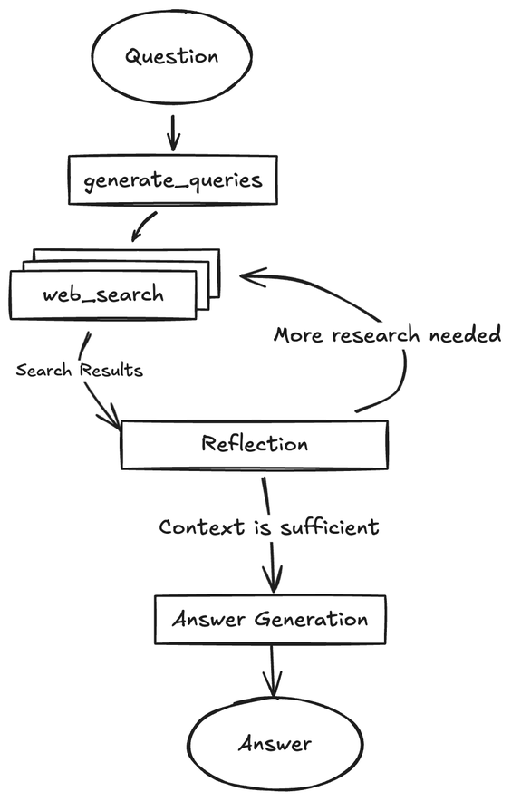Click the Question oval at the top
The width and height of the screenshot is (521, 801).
click(x=172, y=56)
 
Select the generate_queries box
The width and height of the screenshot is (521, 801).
click(x=172, y=179)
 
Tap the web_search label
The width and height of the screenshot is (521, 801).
click(x=102, y=294)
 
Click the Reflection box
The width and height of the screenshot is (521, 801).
click(x=255, y=444)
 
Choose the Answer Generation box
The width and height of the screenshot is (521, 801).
click(x=270, y=620)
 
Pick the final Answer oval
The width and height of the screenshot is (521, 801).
click(x=275, y=744)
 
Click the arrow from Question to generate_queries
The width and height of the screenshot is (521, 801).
click(x=173, y=132)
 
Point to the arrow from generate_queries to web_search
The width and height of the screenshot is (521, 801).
click(x=145, y=227)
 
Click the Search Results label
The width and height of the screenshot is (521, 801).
click(x=79, y=371)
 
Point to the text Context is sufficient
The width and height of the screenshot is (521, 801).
click(x=268, y=526)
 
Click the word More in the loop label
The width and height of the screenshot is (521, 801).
click(x=300, y=335)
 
